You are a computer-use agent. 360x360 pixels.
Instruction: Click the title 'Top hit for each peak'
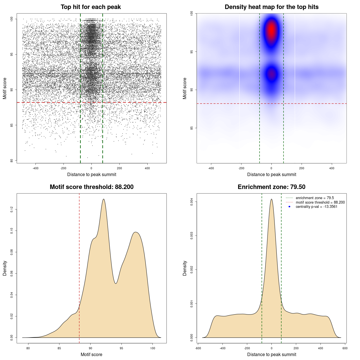click(91, 7)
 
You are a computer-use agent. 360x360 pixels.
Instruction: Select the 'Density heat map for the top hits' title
click(271, 7)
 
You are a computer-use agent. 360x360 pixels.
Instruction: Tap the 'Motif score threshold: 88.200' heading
click(91, 187)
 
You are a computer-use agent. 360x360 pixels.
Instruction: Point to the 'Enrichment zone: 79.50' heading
click(271, 187)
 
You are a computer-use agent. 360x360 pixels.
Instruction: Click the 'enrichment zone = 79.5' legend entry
click(315, 198)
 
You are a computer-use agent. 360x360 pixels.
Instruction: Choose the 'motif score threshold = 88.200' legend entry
click(320, 202)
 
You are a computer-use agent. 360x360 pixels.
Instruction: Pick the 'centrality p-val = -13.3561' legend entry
click(316, 207)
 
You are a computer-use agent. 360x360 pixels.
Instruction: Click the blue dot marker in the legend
click(289, 207)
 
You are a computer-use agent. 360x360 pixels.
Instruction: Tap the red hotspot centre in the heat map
click(271, 30)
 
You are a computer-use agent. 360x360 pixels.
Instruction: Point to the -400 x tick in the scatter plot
click(35, 168)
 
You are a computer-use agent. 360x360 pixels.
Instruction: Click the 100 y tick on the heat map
click(192, 13)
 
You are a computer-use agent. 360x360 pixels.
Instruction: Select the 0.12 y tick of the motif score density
click(12, 209)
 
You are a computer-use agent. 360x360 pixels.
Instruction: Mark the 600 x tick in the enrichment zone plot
click(345, 348)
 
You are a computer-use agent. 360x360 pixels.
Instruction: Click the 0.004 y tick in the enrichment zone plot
click(192, 202)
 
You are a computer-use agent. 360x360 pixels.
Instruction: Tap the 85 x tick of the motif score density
click(59, 348)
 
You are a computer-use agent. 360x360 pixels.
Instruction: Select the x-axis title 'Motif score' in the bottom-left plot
click(91, 354)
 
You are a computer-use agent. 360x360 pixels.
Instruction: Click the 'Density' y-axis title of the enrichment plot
click(185, 268)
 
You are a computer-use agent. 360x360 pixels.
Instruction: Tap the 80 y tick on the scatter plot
click(12, 161)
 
